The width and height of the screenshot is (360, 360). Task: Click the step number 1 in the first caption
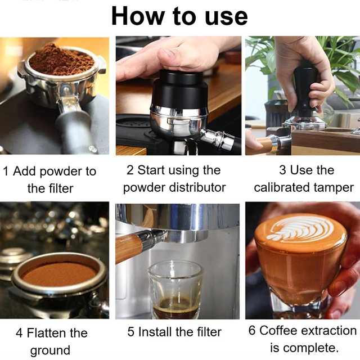pos(6,172)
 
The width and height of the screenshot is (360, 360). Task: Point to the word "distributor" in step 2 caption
pos(197,187)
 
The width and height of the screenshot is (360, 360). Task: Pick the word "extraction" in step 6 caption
pos(328,331)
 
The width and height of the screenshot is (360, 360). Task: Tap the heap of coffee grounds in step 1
pos(61,58)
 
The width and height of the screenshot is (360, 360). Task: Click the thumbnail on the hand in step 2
pos(166,53)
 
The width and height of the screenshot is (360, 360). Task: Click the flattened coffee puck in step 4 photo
pos(59,274)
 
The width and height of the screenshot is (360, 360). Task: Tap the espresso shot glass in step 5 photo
pos(176,290)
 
